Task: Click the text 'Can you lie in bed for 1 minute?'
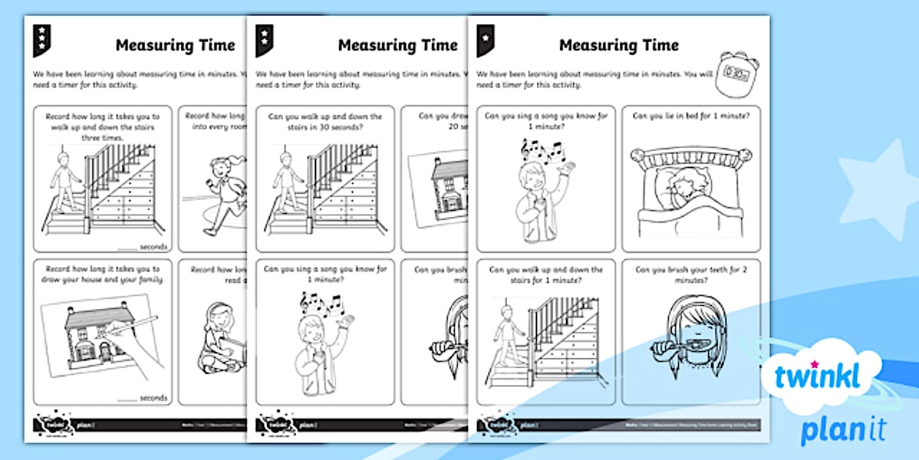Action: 690,115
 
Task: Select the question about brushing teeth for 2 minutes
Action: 690,274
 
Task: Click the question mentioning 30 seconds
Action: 325,121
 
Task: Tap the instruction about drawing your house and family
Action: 102,274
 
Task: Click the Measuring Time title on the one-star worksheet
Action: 619,45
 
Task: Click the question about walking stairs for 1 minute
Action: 546,274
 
